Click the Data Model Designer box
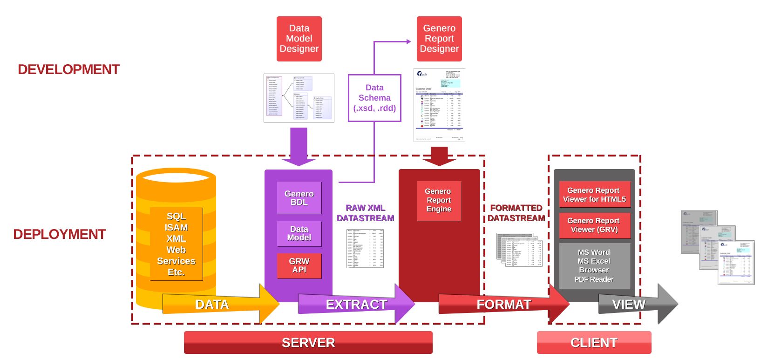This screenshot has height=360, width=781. tap(299, 39)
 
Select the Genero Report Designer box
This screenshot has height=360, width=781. tap(439, 39)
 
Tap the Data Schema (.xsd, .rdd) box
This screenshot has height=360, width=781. tap(374, 98)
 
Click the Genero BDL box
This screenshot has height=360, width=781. tap(299, 198)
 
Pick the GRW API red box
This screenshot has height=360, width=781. tap(299, 265)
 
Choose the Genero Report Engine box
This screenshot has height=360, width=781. tap(439, 200)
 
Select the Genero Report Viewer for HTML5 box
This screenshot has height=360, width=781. tap(594, 195)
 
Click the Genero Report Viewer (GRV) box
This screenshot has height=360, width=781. tap(594, 225)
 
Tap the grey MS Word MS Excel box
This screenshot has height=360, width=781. tap(594, 265)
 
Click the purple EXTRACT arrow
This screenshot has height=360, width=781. tap(356, 304)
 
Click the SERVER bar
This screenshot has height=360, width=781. tap(308, 342)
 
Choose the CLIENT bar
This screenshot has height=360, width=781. tap(594, 342)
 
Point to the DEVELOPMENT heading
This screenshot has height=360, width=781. tap(68, 69)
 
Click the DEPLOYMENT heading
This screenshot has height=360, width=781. tap(60, 234)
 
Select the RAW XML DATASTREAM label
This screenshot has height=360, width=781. tap(366, 213)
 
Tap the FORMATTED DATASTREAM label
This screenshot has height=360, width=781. tap(516, 213)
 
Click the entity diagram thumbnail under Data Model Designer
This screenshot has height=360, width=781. tap(299, 98)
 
